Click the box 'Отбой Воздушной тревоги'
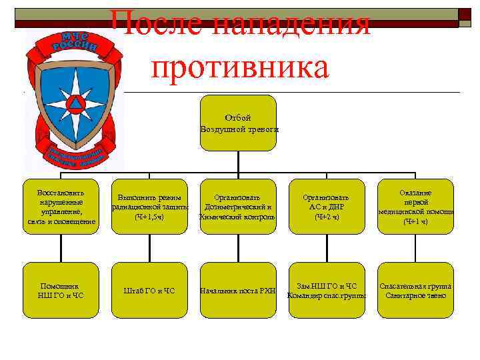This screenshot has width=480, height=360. click(x=238, y=123)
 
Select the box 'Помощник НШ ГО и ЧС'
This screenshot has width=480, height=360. click(x=60, y=290)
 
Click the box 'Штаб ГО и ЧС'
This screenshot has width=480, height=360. click(x=149, y=290)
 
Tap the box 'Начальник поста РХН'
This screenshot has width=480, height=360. click(x=238, y=290)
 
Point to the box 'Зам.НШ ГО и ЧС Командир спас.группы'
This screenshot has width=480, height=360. click(x=327, y=290)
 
